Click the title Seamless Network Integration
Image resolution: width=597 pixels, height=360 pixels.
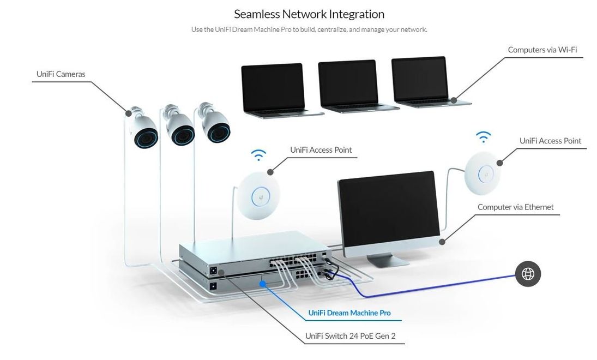tap(309, 14)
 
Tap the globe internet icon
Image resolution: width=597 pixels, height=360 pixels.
tap(528, 274)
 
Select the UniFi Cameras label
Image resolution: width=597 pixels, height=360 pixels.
tap(61, 74)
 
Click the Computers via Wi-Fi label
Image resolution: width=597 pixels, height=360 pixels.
tap(542, 50)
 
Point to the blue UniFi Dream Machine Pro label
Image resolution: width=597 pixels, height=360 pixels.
tap(349, 313)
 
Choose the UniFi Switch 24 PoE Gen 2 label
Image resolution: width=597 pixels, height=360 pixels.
tap(350, 336)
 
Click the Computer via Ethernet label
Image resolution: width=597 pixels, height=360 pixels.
tap(516, 207)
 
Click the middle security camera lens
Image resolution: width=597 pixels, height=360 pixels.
tap(183, 134)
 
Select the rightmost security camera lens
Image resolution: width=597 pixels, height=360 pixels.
tap(219, 132)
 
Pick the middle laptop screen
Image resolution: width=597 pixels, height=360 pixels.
tap(348, 83)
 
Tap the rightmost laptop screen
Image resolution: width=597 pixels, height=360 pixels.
tap(419, 79)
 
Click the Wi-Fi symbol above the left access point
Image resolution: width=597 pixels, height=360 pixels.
tap(258, 155)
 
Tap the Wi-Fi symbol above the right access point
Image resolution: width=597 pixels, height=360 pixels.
tap(483, 136)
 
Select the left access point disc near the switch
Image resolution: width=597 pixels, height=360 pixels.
tap(258, 195)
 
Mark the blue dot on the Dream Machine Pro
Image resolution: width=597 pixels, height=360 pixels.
tap(262, 284)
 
